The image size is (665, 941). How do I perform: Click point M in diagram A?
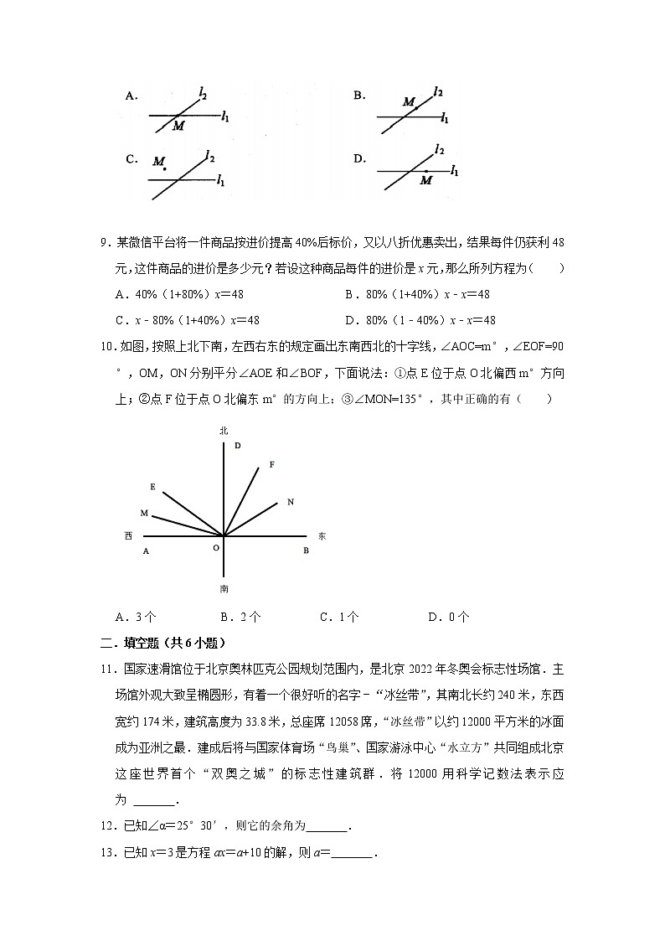(173, 120)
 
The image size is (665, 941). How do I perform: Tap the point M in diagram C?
(165, 170)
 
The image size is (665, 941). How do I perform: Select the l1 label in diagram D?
(454, 170)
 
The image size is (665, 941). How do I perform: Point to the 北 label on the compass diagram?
(224, 430)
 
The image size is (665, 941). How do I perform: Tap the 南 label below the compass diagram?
(224, 588)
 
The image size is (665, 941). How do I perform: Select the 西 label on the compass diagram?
(128, 535)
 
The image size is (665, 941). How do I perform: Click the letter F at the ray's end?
(271, 463)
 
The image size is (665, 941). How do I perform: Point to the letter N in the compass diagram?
(290, 501)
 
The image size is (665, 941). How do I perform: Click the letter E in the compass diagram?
(152, 486)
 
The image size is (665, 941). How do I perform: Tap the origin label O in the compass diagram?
(215, 547)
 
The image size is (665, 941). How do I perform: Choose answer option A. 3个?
(136, 617)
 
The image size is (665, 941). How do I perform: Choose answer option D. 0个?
(448, 617)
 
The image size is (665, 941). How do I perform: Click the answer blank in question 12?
(327, 828)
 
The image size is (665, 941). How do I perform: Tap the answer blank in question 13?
(353, 854)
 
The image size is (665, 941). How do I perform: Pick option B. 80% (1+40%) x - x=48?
(417, 294)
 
